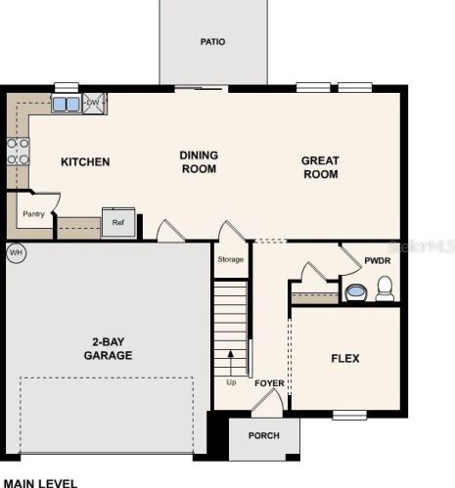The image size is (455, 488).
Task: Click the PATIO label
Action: click(212, 42)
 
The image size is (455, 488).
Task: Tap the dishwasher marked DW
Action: click(94, 104)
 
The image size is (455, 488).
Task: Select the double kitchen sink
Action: click(67, 104)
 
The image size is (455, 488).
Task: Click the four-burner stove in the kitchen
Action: click(19, 152)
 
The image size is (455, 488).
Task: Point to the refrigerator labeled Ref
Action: click(118, 222)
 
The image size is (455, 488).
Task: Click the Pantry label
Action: click(33, 214)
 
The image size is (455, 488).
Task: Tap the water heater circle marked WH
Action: click(17, 252)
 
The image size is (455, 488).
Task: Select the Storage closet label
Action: click(231, 259)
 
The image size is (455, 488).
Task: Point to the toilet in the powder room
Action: click(385, 288)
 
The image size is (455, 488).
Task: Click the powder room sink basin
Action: click(355, 292)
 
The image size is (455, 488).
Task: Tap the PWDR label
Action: click(378, 261)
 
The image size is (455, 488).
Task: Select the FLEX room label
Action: click(345, 359)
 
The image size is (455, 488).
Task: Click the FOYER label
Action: click(269, 383)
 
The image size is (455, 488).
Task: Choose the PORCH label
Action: click(264, 436)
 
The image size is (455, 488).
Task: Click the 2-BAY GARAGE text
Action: click(108, 348)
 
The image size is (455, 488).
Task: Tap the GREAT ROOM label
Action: click(320, 167)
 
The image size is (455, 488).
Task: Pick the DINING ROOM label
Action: click(199, 162)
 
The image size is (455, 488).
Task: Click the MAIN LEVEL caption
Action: click(40, 483)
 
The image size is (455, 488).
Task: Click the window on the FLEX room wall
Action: click(349, 415)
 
